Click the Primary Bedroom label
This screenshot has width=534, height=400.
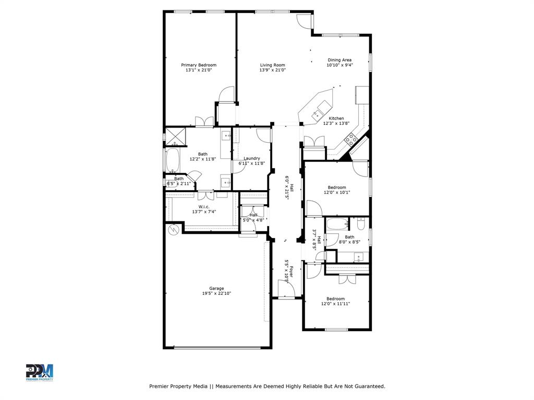click(199, 65)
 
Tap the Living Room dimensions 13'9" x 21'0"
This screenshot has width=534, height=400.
click(273, 70)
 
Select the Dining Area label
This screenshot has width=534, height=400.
click(339, 60)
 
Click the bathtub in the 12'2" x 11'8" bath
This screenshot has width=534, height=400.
click(172, 160)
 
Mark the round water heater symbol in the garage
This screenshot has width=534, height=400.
click(173, 229)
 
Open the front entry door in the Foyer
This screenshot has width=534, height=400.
click(285, 288)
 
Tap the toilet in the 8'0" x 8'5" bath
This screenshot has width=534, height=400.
click(361, 224)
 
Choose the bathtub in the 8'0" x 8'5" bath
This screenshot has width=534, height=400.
click(338, 225)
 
